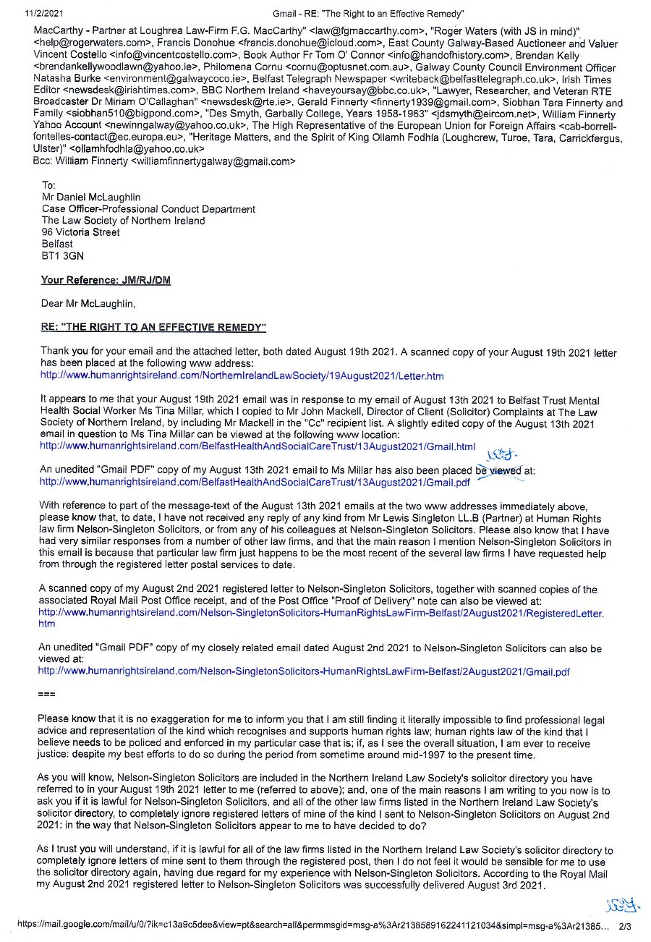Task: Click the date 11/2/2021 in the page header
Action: (x=44, y=13)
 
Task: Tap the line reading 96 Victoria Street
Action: (x=81, y=232)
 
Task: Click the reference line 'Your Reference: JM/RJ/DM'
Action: (x=106, y=280)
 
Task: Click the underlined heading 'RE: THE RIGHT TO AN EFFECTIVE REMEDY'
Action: (x=153, y=328)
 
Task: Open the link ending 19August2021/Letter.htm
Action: (x=242, y=376)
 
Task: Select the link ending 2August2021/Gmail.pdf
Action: (x=304, y=671)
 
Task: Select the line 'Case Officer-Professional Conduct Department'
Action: (x=148, y=209)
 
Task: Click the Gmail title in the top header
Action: (x=369, y=13)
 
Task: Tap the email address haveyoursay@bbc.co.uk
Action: (x=363, y=90)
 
